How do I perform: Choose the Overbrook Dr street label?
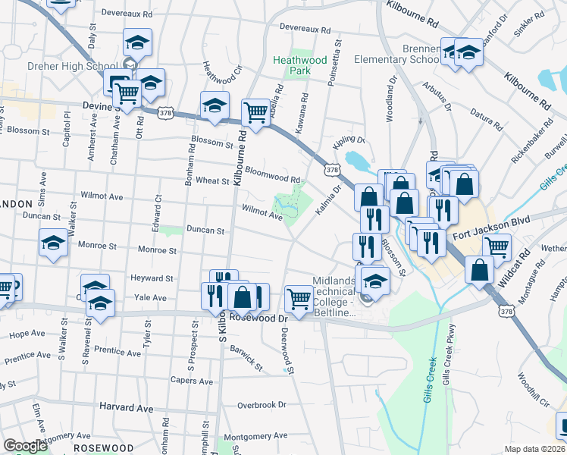pyautogui.click(x=262, y=405)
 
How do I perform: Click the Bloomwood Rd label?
pyautogui.click(x=273, y=176)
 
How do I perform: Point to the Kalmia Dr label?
pyautogui.click(x=324, y=200)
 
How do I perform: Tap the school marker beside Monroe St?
pyautogui.click(x=54, y=243)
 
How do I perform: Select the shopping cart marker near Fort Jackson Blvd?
pyautogui.click(x=497, y=246)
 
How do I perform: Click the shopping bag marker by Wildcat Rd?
pyautogui.click(x=481, y=269)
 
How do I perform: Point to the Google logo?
pyautogui.click(x=26, y=446)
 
